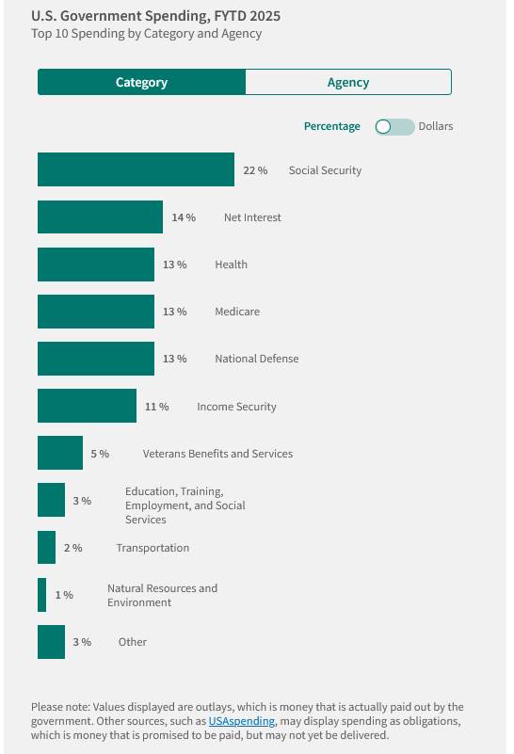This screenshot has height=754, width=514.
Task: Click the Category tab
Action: [141, 82]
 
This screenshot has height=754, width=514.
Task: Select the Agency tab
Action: [348, 82]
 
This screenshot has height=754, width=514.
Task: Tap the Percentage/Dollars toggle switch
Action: [394, 126]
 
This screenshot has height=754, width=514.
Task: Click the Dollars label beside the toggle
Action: [436, 126]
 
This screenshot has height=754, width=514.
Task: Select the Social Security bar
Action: [137, 169]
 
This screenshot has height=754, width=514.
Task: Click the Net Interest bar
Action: [100, 217]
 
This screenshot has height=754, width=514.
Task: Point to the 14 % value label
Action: [184, 217]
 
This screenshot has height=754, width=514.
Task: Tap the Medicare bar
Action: [96, 312]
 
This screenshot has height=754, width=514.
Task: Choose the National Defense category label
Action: [257, 359]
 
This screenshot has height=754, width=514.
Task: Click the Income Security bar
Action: [87, 406]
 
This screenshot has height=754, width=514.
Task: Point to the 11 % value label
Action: [157, 407]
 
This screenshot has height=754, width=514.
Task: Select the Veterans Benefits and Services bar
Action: [60, 453]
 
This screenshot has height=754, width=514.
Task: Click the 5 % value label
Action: [100, 454]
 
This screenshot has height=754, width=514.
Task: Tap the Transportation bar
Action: [47, 547]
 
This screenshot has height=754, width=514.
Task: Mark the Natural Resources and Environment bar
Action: [41, 595]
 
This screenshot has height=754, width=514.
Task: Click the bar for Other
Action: [52, 642]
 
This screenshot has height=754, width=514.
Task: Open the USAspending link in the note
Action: [241, 721]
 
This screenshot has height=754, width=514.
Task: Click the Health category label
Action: [232, 265]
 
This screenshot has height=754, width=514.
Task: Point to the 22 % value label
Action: [255, 170]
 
